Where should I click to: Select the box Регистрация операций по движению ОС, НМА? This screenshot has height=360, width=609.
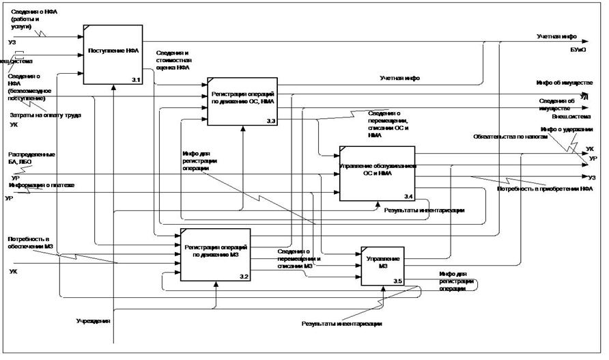pos(242,100)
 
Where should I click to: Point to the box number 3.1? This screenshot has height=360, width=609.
pos(135,81)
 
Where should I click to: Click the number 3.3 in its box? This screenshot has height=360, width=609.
pos(270,121)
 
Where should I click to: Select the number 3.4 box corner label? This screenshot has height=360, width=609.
pos(408,197)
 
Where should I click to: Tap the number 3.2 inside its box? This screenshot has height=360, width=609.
pos(244,276)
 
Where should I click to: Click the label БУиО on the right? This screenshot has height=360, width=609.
pos(579,49)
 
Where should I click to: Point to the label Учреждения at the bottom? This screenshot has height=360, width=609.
pos(94,321)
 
